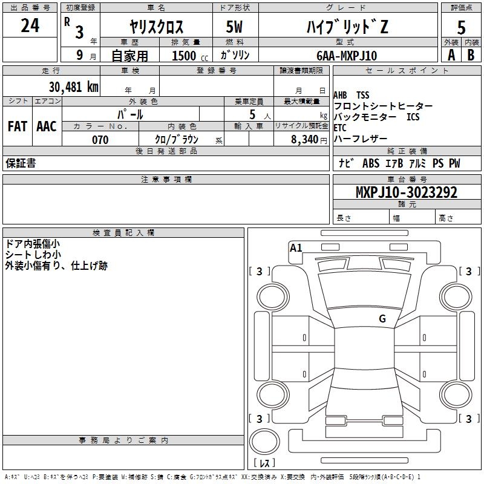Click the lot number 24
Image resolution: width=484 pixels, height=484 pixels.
[x=30, y=25]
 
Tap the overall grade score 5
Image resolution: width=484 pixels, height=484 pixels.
[x=461, y=27]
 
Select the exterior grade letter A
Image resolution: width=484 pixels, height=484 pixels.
[x=451, y=55]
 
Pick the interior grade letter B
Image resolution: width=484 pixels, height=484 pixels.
[x=471, y=55]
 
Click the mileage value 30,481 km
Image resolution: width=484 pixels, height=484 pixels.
[x=73, y=87]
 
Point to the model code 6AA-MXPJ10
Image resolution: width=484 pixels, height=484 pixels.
[x=347, y=56]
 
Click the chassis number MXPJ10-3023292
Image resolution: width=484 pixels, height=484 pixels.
[x=406, y=192]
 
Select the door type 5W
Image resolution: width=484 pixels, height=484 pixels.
[x=234, y=27]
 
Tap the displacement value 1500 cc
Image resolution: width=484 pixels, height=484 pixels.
[x=190, y=56]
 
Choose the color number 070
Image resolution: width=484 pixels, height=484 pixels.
[x=100, y=140]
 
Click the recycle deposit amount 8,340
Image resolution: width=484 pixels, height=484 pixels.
[x=304, y=139]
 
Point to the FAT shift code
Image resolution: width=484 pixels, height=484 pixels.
[x=18, y=126]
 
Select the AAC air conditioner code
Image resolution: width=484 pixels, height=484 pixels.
[x=47, y=126]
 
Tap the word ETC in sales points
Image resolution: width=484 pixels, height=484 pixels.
[x=340, y=128]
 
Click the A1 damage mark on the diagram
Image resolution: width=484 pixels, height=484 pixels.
[x=296, y=248]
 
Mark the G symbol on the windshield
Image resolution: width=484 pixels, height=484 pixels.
[x=382, y=319]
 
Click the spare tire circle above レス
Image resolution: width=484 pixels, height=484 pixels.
[x=264, y=442]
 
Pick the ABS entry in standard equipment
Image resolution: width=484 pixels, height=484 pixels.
[x=371, y=163]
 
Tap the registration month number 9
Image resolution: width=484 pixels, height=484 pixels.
[x=80, y=55]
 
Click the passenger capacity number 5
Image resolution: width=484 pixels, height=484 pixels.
[x=252, y=114]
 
